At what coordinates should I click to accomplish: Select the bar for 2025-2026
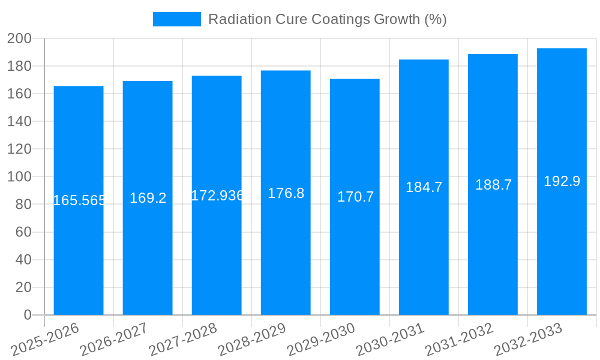79,252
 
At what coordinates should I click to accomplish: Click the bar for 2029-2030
355,252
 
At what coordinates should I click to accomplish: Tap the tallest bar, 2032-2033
562,252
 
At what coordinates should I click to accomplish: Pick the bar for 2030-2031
424,252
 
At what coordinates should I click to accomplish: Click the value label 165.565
79,200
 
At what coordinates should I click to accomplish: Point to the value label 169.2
148,198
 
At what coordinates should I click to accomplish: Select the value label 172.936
217,196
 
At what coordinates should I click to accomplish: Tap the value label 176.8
286,193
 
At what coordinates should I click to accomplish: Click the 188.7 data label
493,185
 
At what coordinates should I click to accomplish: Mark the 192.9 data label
562,181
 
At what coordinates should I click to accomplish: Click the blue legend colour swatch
177,19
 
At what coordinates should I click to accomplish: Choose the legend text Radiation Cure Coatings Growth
327,19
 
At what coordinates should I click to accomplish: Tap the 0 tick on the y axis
27,315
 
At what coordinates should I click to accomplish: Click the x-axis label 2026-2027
114,339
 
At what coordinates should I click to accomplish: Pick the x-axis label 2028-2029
252,339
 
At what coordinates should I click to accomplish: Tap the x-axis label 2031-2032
459,339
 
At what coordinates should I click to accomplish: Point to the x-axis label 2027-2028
183,339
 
